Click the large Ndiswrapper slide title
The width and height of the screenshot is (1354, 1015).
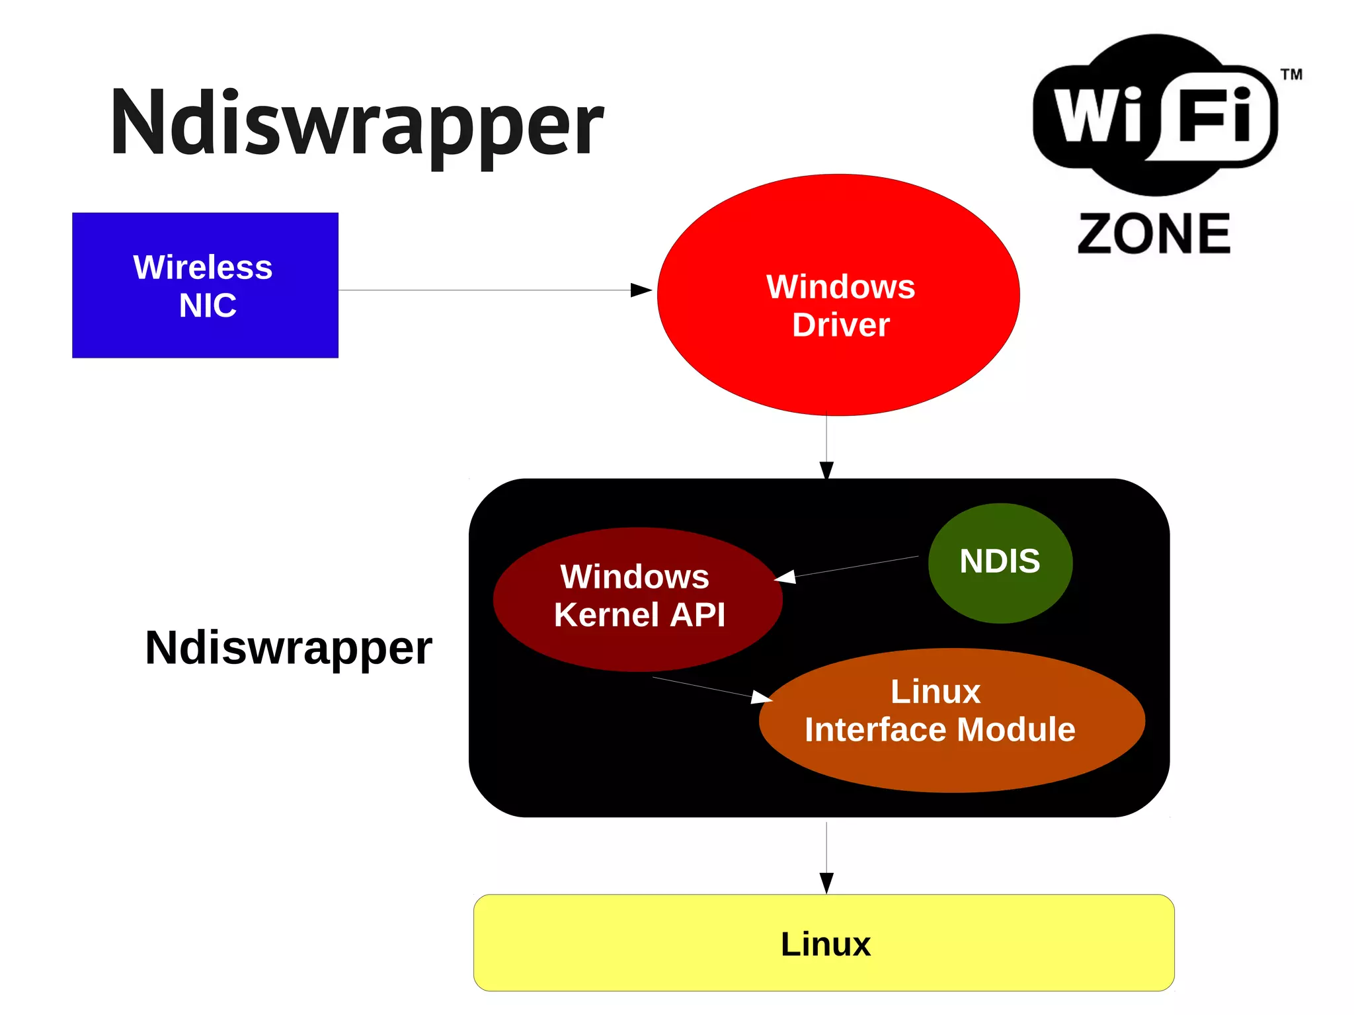[357, 124]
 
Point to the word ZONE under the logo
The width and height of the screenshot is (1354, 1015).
[1154, 234]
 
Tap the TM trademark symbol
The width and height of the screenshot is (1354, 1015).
[1291, 74]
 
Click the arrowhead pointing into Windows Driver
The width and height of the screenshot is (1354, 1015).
[641, 290]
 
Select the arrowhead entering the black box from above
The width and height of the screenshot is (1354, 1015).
[826, 470]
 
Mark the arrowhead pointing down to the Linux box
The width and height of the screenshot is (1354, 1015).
[826, 883]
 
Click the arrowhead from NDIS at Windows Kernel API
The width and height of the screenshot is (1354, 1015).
[785, 577]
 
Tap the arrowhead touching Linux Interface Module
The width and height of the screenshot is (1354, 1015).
[762, 696]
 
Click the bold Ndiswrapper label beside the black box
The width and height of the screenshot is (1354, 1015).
[288, 648]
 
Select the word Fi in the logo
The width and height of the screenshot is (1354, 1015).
[1215, 116]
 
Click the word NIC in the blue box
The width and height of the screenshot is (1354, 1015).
[208, 305]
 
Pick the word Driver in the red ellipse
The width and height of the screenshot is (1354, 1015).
[841, 325]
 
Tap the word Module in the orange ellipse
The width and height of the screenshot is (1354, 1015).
[1016, 730]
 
